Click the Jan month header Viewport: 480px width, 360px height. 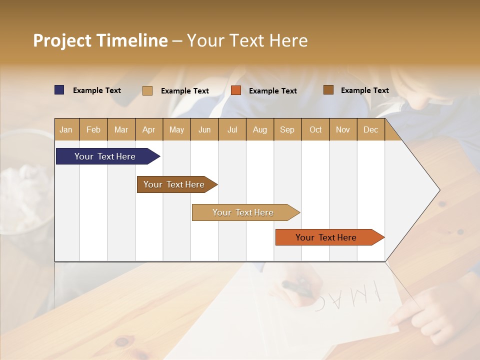pyautogui.click(x=66, y=130)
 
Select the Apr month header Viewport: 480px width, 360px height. pyautogui.click(x=149, y=130)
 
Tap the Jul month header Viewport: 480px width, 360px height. pyautogui.click(x=232, y=130)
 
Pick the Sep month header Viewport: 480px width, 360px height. pyautogui.click(x=287, y=130)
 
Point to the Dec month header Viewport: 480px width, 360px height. pyautogui.click(x=370, y=130)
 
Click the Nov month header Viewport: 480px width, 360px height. pyautogui.click(x=343, y=130)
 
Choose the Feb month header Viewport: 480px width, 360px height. pyautogui.click(x=93, y=130)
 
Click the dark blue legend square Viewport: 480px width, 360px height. pyautogui.click(x=59, y=90)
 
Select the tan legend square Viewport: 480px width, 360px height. pyautogui.click(x=147, y=90)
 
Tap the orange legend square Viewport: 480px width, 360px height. pyautogui.click(x=236, y=90)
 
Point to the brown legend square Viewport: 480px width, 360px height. pyautogui.click(x=328, y=90)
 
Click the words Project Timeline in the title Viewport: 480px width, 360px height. pyautogui.click(x=100, y=40)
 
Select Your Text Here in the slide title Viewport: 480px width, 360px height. pyautogui.click(x=247, y=40)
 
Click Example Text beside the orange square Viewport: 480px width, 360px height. pyautogui.click(x=272, y=91)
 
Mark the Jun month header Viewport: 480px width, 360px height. pyautogui.click(x=204, y=130)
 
